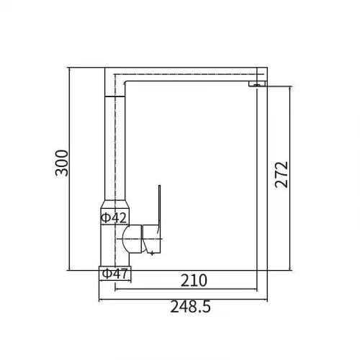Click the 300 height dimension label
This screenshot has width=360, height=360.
tap(62, 163)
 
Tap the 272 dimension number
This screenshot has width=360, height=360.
tap(282, 174)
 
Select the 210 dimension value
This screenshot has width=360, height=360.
tap(194, 280)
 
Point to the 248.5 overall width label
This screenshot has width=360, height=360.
tap(190, 307)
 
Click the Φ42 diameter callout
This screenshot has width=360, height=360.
tap(114, 218)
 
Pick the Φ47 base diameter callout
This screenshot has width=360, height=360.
tap(115, 274)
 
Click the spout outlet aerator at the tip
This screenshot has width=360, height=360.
tap(257, 84)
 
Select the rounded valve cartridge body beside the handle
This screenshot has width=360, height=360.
tap(132, 239)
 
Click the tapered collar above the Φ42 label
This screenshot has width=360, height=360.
tap(114, 204)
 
